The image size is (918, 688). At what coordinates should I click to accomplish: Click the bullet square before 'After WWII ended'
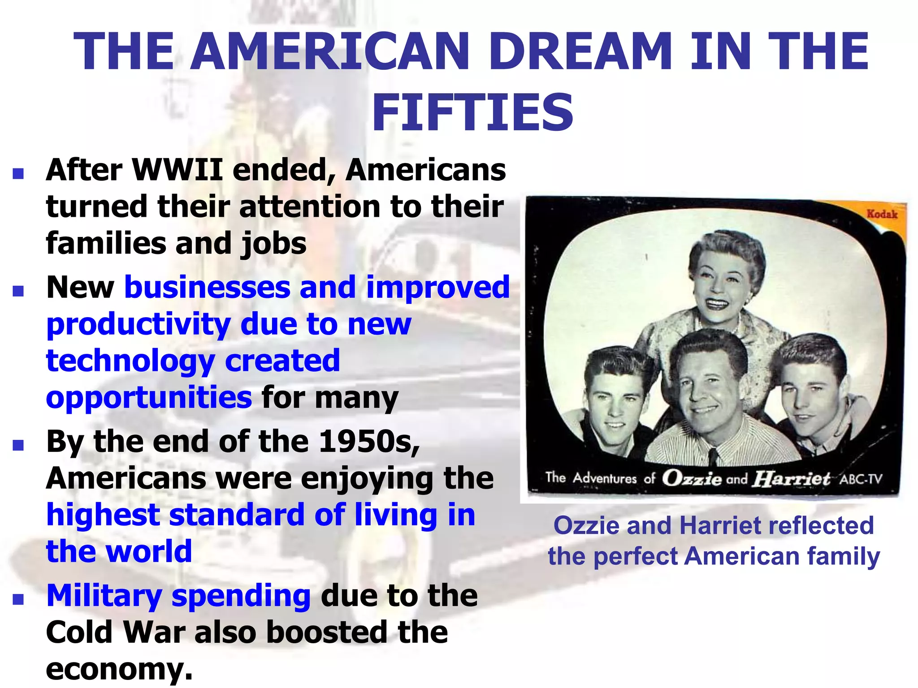point(18,174)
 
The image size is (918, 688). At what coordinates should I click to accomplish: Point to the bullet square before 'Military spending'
point(18,599)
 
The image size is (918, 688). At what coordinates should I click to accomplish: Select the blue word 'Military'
point(104,596)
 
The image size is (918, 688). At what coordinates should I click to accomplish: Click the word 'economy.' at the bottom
point(119,669)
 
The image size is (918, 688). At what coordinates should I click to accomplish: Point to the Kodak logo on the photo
point(882,214)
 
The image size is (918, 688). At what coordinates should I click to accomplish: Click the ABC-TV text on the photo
point(861,479)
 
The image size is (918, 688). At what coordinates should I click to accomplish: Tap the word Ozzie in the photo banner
point(692,478)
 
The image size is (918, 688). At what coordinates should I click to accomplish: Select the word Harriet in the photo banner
point(791,478)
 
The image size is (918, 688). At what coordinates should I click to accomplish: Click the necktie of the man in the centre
point(713,457)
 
